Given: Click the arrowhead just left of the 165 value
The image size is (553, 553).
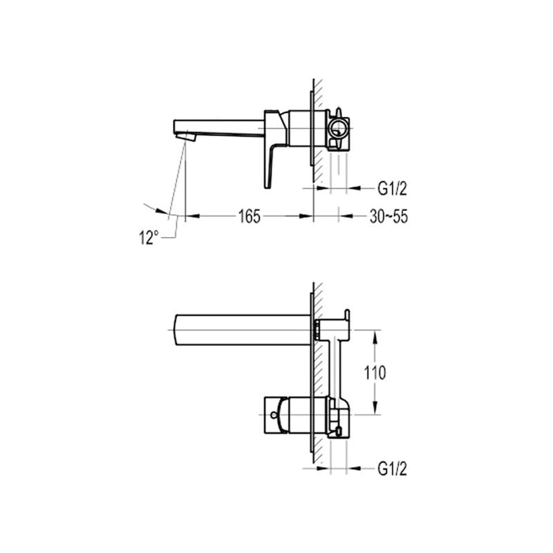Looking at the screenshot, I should pyautogui.click(x=191, y=216).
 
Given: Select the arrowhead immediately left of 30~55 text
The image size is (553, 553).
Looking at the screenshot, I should pyautogui.click(x=344, y=216).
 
